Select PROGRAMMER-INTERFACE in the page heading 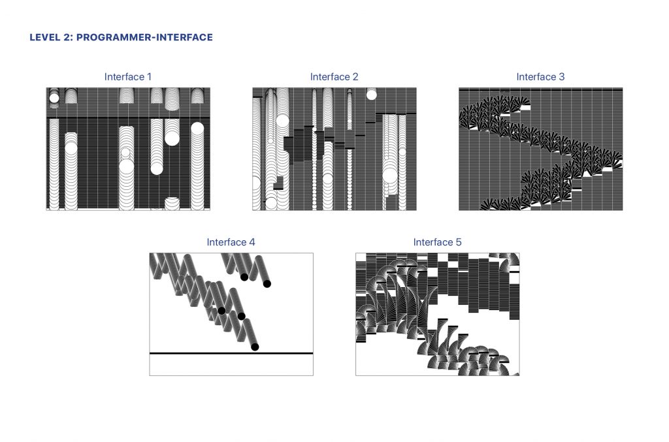click(144, 37)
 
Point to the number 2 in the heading click(68, 37)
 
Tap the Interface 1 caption click(128, 77)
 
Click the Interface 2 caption click(334, 77)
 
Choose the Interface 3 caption click(540, 77)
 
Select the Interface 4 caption click(231, 242)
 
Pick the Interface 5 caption click(437, 242)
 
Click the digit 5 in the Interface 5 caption click(459, 242)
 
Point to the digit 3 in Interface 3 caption click(561, 77)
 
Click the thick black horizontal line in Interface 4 click(231, 353)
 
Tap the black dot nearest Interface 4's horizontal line click(255, 347)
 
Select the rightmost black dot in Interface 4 click(267, 283)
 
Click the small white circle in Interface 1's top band click(54, 99)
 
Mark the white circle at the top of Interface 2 click(372, 95)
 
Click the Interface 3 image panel click(540, 149)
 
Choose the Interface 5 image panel click(437, 314)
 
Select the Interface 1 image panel click(128, 149)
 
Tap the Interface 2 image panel click(334, 149)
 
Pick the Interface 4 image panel click(231, 314)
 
